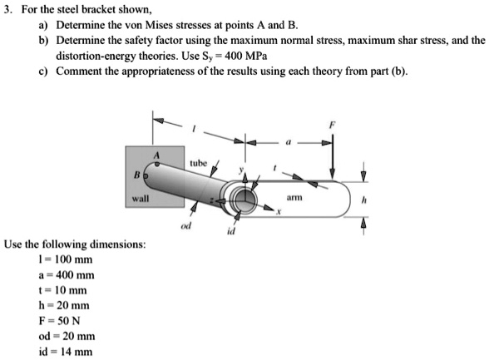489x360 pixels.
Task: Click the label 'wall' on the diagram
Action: click(139, 200)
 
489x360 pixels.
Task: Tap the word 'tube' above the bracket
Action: click(199, 163)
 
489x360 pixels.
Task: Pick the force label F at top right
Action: click(333, 123)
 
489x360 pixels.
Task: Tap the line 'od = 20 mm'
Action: click(61, 336)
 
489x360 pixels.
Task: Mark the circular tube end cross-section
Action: click(244, 199)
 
